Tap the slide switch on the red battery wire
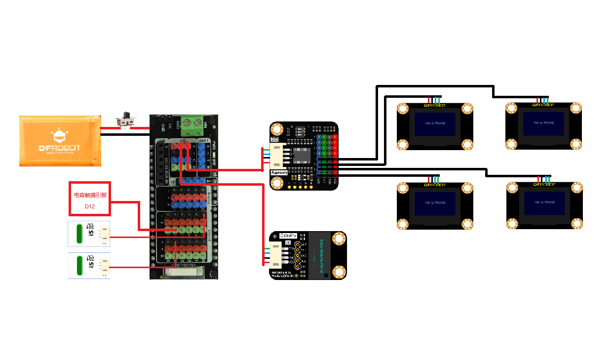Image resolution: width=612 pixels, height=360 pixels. pyautogui.click(x=127, y=121)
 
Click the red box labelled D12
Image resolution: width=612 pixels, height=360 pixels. pyautogui.click(x=89, y=199)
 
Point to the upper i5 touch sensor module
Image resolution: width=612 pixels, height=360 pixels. pyautogui.click(x=89, y=234)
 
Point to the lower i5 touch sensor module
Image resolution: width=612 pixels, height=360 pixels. pyautogui.click(x=89, y=265)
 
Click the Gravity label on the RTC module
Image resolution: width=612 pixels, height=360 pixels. pyautogui.click(x=288, y=236)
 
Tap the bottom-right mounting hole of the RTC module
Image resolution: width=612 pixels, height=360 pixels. pyautogui.click(x=339, y=272)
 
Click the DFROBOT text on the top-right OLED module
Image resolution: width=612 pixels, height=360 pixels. pyautogui.click(x=544, y=105)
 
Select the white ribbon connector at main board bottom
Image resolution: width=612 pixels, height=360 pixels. pyautogui.click(x=184, y=271)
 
